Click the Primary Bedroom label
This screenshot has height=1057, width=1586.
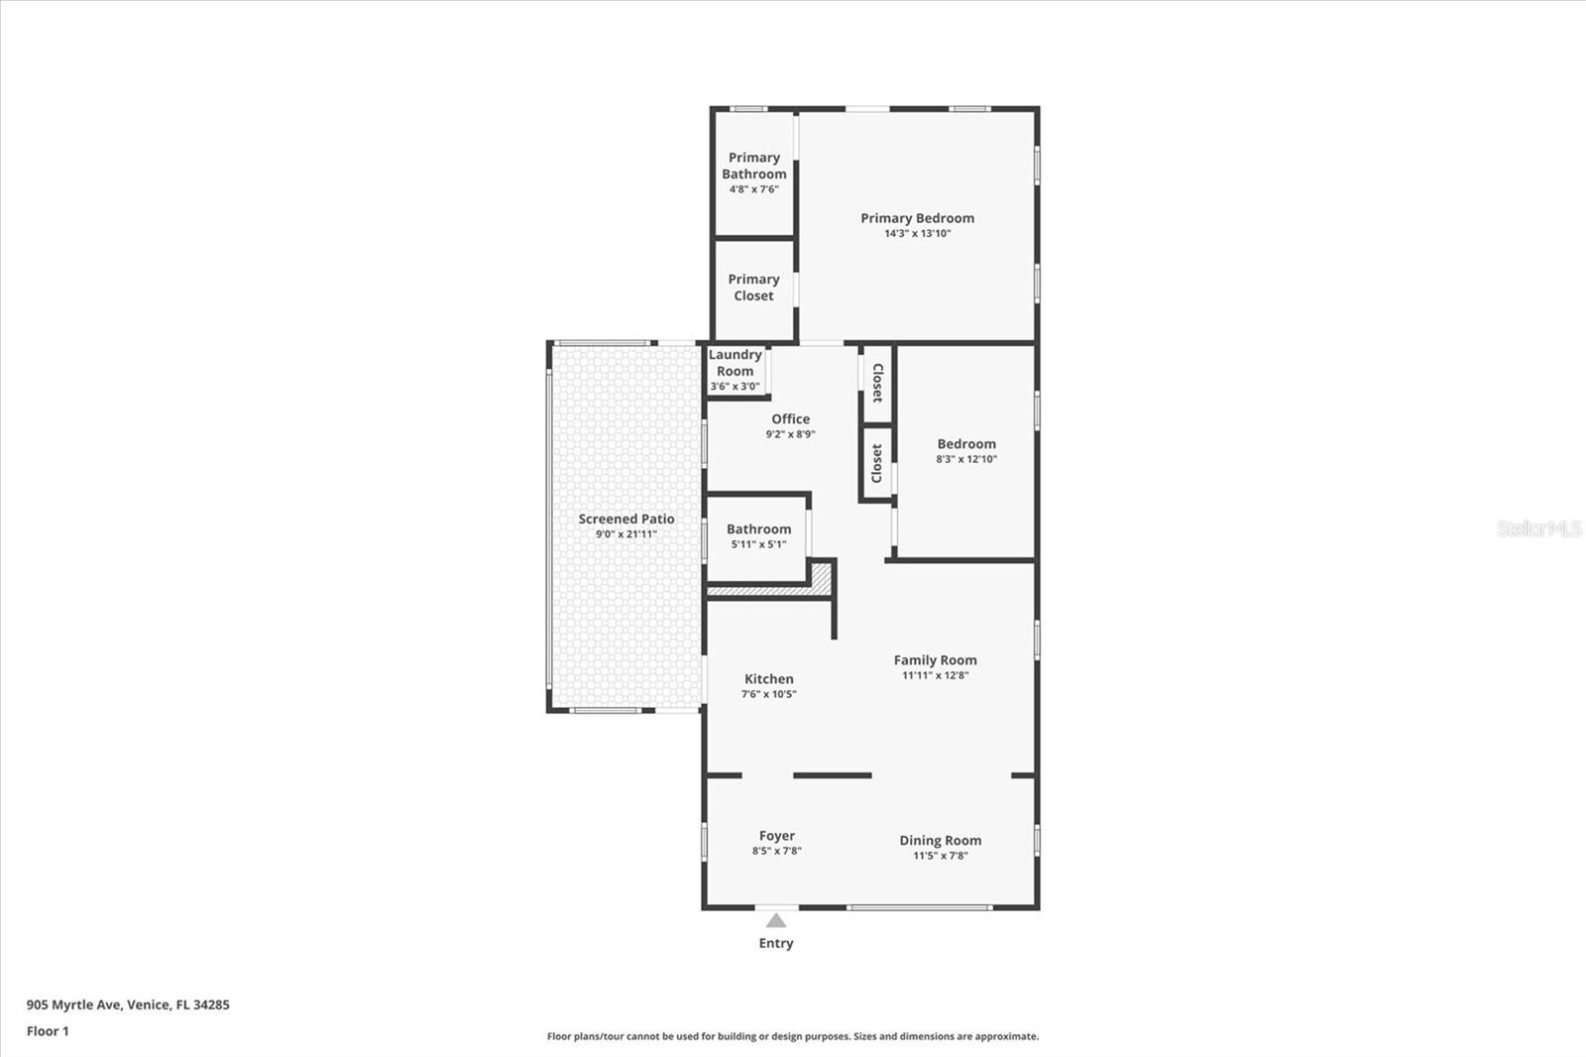click(917, 218)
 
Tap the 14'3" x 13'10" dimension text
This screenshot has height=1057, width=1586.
click(917, 234)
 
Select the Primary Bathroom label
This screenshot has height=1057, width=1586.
click(753, 166)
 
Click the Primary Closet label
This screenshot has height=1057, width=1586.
click(753, 288)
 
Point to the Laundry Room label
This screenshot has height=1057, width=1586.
click(735, 363)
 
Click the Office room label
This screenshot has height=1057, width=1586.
click(790, 419)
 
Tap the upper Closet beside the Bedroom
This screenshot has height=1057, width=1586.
click(877, 383)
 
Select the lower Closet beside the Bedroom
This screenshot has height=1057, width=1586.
click(877, 463)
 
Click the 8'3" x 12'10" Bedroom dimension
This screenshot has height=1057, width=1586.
click(966, 459)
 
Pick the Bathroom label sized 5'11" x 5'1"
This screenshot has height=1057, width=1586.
click(758, 529)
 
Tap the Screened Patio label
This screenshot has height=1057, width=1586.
click(626, 519)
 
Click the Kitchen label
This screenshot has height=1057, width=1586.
click(768, 679)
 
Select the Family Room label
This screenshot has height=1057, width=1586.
click(935, 660)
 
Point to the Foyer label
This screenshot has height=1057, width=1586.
click(776, 836)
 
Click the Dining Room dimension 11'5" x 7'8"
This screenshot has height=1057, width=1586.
click(940, 856)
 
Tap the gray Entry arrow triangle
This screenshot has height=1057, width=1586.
click(776, 921)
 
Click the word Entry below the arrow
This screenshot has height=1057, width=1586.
click(776, 943)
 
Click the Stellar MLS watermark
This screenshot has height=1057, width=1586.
click(1538, 528)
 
